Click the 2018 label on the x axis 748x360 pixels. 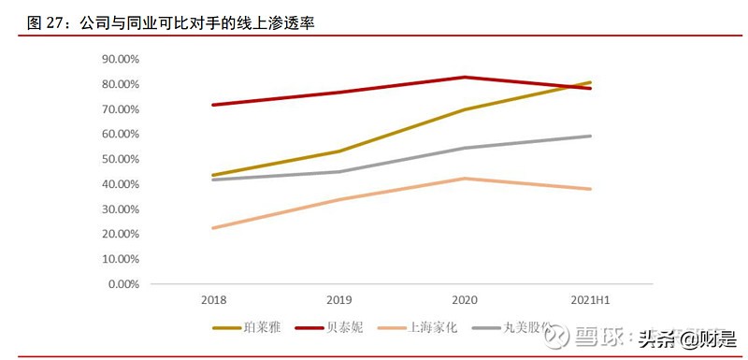pos(214,300)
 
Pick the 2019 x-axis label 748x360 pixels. pos(339,300)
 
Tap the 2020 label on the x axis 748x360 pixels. pos(465,300)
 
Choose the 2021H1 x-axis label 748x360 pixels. pos(590,300)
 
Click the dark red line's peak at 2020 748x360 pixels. pos(465,77)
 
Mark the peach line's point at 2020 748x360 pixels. pos(465,179)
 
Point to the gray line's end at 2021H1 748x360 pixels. pos(590,136)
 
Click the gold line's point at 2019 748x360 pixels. pos(339,151)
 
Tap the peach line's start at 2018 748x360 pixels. pos(214,228)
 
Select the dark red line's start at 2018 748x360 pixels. pos(214,105)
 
